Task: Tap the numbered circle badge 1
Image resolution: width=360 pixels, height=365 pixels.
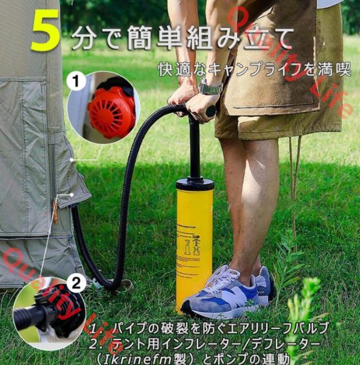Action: (x=77, y=81)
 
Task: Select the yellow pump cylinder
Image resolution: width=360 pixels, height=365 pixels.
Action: (x=194, y=243)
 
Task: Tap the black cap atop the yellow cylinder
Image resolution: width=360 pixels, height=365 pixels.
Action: (x=195, y=183)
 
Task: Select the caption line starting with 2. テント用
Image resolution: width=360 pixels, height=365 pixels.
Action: (x=207, y=343)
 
